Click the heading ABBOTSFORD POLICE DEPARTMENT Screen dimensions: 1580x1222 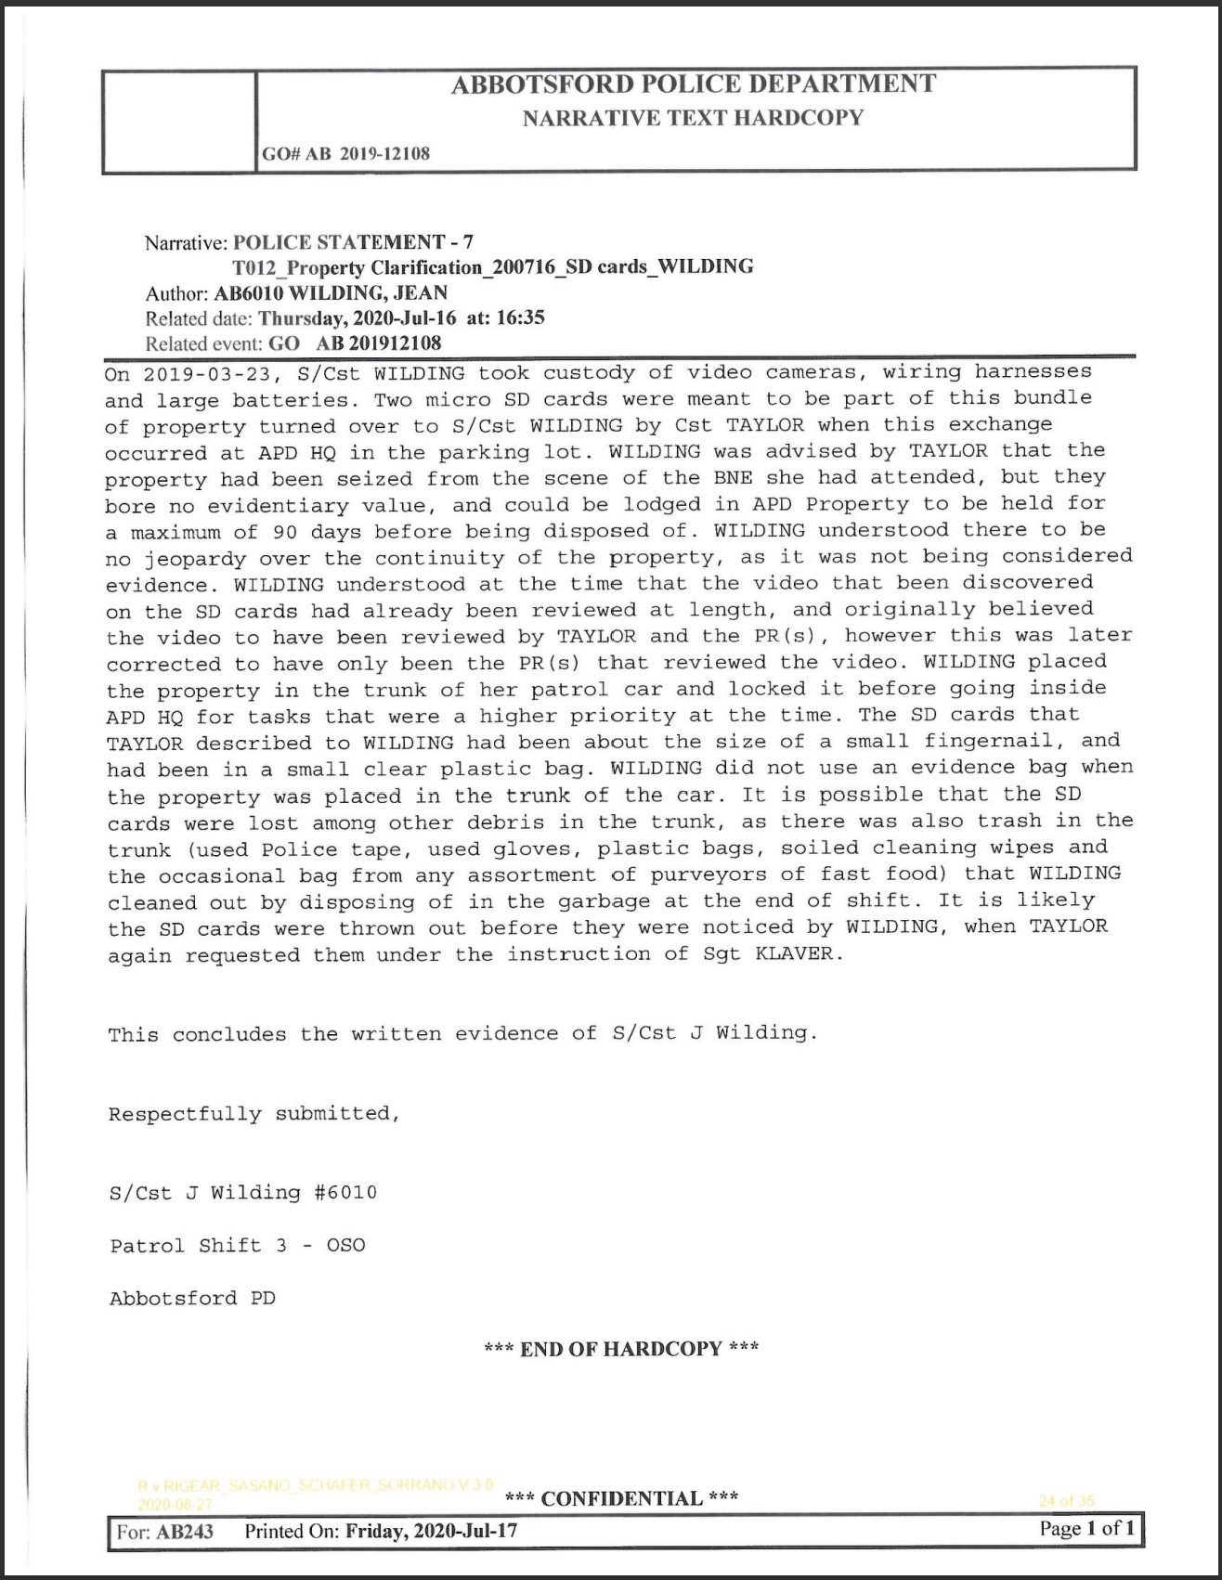[x=693, y=84]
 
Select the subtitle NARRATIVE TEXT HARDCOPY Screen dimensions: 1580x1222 [x=693, y=118]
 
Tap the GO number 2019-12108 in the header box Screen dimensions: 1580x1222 [x=383, y=153]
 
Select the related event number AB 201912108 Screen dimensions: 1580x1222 [x=379, y=343]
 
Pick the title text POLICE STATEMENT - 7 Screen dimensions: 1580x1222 [x=353, y=242]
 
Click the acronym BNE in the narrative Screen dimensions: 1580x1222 [x=733, y=478]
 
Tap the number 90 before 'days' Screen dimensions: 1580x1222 [x=285, y=532]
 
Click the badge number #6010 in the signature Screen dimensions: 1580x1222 [x=345, y=1193]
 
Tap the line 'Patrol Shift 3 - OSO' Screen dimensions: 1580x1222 [x=238, y=1246]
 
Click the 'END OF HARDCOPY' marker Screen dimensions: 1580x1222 [x=621, y=1349]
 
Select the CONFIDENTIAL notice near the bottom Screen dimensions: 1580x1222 [x=621, y=1498]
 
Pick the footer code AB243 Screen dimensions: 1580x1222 [x=184, y=1531]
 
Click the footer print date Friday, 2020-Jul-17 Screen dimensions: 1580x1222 [x=431, y=1531]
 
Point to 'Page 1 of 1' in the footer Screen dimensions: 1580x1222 [x=1086, y=1529]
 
